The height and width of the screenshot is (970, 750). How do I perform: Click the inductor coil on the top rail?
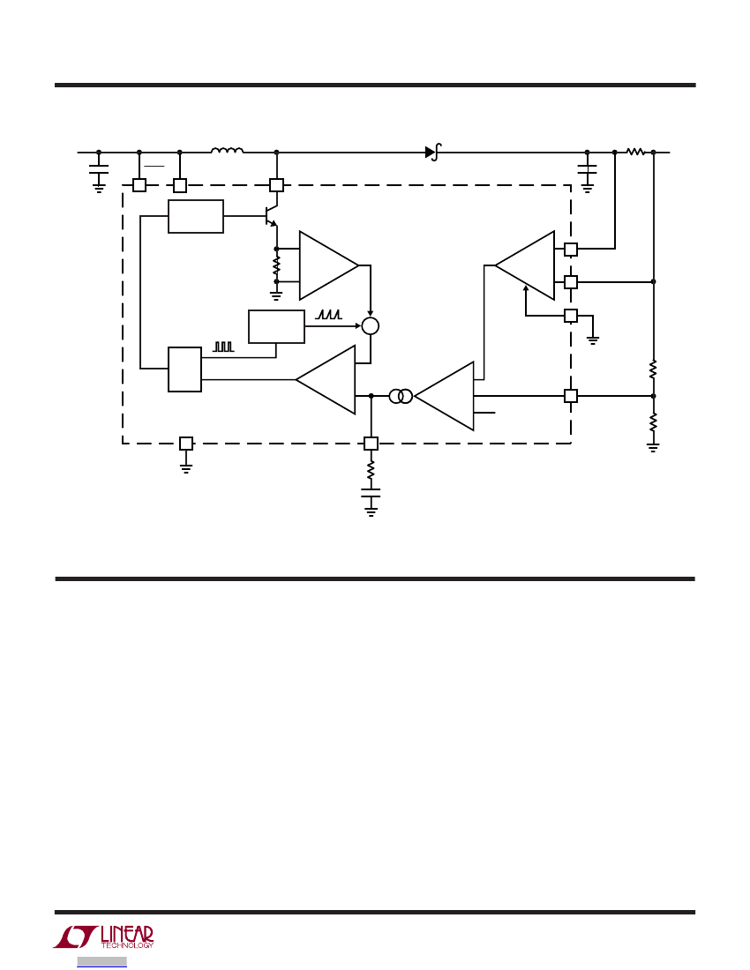(x=227, y=150)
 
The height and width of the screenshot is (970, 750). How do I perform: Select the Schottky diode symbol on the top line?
(x=432, y=152)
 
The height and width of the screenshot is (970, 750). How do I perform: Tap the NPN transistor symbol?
(x=271, y=216)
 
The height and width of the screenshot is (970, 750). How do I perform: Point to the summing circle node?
(x=370, y=326)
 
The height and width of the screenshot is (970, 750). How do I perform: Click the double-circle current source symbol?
(x=401, y=396)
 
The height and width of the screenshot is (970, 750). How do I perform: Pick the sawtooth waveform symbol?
(x=328, y=314)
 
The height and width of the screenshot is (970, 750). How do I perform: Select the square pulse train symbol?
(x=223, y=347)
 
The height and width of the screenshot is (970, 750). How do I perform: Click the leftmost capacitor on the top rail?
(x=99, y=168)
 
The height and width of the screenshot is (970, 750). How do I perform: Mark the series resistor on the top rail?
(x=635, y=152)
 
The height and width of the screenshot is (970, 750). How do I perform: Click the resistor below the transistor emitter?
(x=276, y=265)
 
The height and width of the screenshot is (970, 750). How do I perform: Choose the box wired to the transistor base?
(x=196, y=217)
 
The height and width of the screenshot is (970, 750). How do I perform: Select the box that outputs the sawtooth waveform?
(x=276, y=326)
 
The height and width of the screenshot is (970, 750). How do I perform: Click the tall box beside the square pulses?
(x=184, y=369)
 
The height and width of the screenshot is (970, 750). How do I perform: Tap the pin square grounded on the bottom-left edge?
(x=185, y=444)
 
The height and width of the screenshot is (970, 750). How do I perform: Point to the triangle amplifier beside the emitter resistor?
(x=328, y=265)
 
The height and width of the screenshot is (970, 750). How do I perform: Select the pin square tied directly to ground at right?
(x=571, y=316)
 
